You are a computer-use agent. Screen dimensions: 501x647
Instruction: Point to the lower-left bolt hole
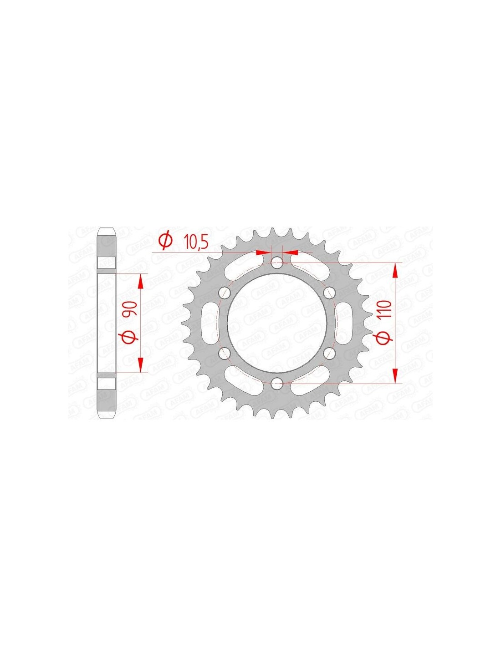(225, 353)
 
